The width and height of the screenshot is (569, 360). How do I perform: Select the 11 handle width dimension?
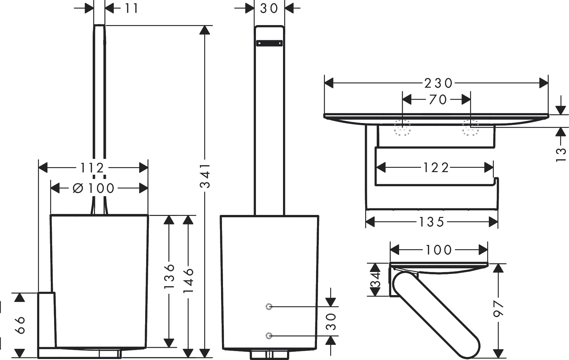coord(131,8)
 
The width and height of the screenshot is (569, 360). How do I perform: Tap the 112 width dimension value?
coord(92,168)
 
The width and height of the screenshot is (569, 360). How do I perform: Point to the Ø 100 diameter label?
coord(93,188)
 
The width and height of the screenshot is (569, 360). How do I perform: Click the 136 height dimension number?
coord(169,276)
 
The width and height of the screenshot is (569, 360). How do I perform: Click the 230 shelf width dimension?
coord(438,83)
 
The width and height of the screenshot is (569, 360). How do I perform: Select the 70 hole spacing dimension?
coord(438,99)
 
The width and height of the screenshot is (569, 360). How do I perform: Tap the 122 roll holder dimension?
coord(436,168)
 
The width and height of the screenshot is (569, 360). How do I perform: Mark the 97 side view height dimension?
coord(498,309)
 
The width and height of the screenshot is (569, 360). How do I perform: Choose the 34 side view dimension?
coord(375,280)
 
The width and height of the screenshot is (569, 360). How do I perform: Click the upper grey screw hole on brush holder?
coord(269,307)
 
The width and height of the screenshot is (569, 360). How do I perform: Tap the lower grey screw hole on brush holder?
coord(269,336)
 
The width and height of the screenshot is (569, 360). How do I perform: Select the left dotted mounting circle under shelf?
coord(402,127)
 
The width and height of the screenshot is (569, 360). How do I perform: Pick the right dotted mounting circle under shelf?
coord(470,127)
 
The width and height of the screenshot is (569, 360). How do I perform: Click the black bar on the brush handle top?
coord(269,43)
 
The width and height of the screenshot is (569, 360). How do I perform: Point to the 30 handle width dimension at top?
coord(269,8)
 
